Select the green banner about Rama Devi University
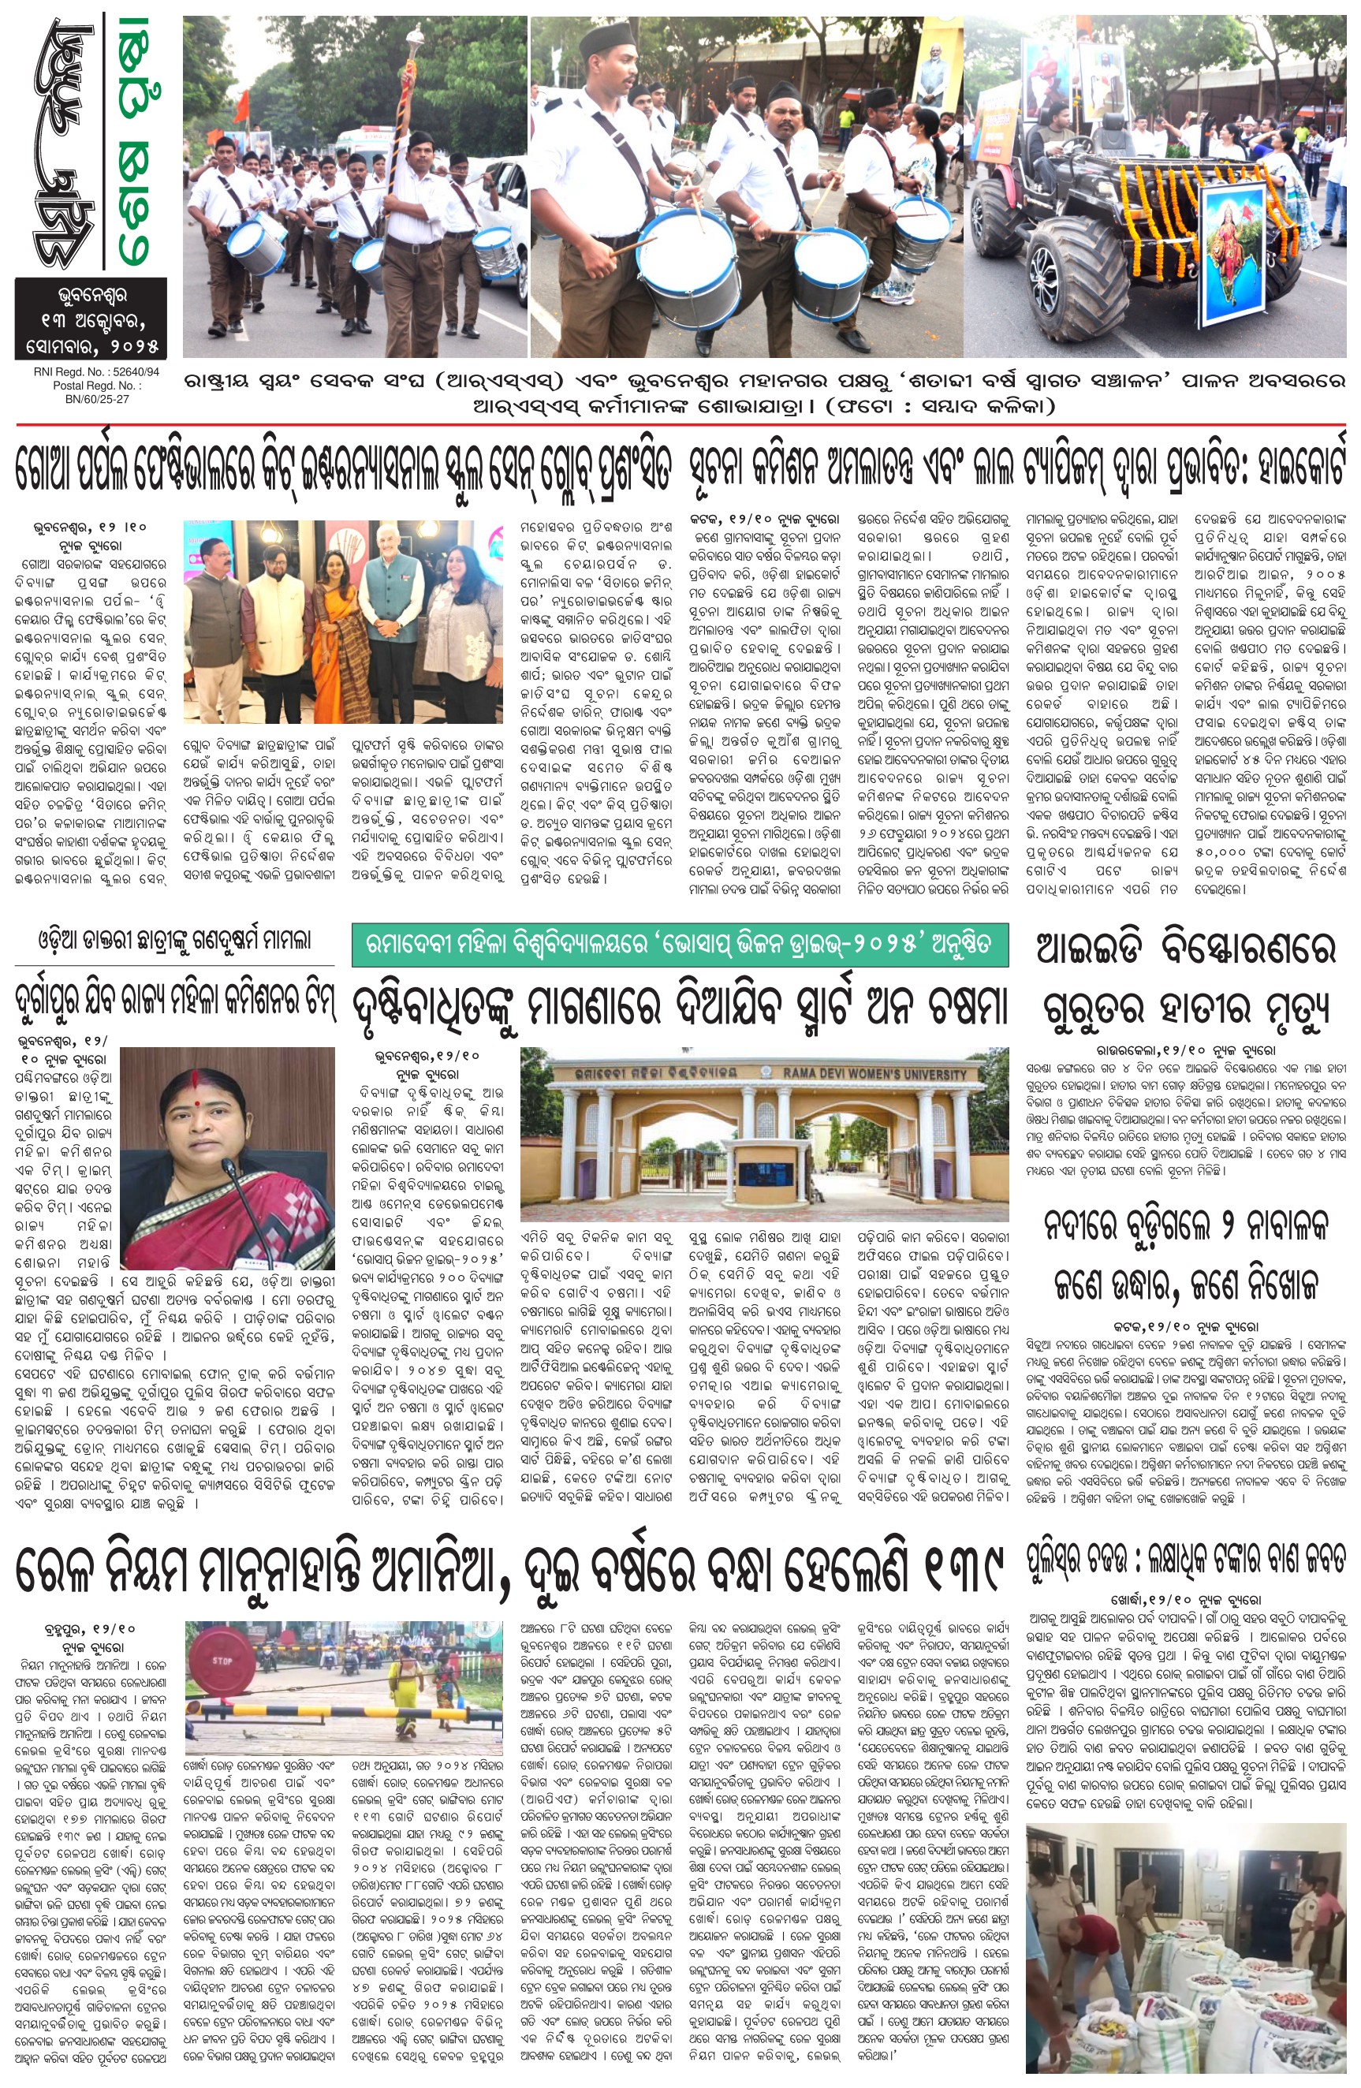(679, 944)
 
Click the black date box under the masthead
(91, 319)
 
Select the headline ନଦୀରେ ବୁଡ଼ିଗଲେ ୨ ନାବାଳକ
(1185, 1226)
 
